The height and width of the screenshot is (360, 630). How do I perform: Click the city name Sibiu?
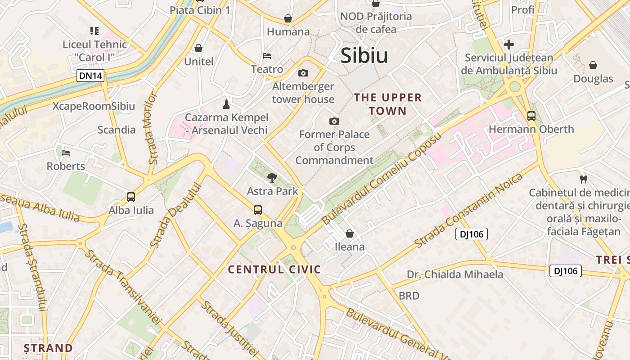click(x=364, y=56)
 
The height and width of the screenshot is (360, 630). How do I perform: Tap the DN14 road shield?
click(x=90, y=76)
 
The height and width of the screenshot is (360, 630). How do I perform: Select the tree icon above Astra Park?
click(x=272, y=178)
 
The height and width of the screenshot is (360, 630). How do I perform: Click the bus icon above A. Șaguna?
click(x=258, y=210)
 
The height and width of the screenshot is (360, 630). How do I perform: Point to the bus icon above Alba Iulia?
click(x=131, y=197)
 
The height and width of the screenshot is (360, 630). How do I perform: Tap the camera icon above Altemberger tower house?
click(x=303, y=73)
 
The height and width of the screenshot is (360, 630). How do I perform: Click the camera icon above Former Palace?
click(x=334, y=121)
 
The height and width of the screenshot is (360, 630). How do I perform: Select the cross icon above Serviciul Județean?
click(x=509, y=45)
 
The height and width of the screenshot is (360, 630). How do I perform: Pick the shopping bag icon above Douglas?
click(x=593, y=66)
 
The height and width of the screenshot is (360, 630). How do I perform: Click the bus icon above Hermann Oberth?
click(x=531, y=116)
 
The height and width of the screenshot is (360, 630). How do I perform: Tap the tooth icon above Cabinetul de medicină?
click(x=584, y=180)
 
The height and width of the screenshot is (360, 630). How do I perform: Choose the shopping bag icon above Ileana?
click(x=350, y=234)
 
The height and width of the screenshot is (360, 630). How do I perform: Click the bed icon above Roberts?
click(x=66, y=153)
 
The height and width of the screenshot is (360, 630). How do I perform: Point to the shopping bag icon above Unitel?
click(x=198, y=48)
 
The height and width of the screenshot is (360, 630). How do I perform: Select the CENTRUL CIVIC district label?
click(x=274, y=270)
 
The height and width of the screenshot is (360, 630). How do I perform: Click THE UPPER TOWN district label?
click(x=388, y=104)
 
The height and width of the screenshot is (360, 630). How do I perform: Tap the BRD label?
click(x=409, y=296)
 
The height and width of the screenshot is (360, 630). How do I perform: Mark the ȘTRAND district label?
click(x=48, y=348)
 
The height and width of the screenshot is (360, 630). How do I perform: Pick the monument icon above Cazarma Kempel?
click(x=226, y=104)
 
